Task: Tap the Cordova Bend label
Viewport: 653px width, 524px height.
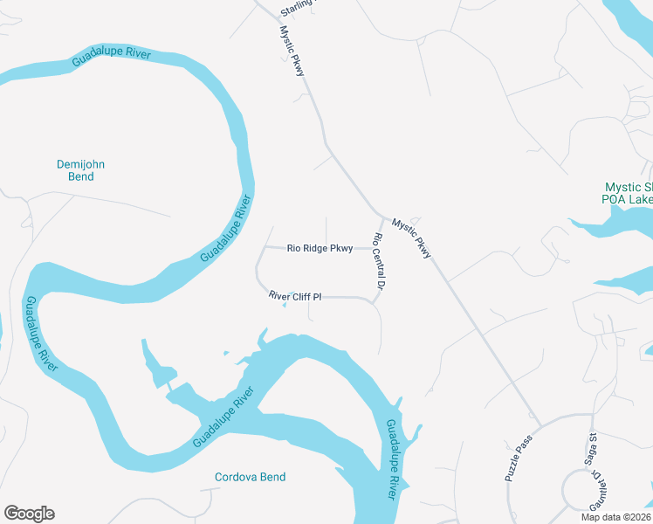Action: [x=251, y=477]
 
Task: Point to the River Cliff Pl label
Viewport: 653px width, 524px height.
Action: [x=295, y=297]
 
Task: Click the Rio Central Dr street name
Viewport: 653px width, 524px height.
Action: [x=379, y=262]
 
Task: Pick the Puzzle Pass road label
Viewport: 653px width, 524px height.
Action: [x=518, y=459]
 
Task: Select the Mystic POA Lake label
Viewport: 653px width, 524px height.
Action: [x=629, y=193]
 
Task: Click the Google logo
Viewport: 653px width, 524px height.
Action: [x=29, y=514]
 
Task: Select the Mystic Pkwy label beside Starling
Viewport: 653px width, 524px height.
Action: [x=292, y=51]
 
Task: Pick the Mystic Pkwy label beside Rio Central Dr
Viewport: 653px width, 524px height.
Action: [x=411, y=238]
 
